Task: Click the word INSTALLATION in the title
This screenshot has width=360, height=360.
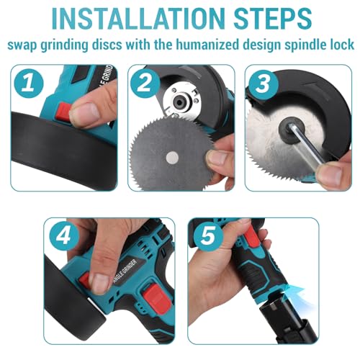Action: [130, 17]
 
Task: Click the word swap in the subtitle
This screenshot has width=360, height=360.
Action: [24, 44]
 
